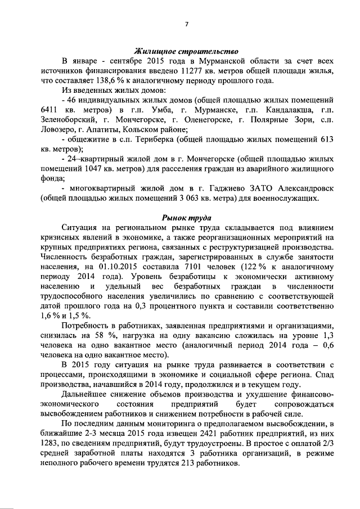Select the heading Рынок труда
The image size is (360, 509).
click(186, 217)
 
